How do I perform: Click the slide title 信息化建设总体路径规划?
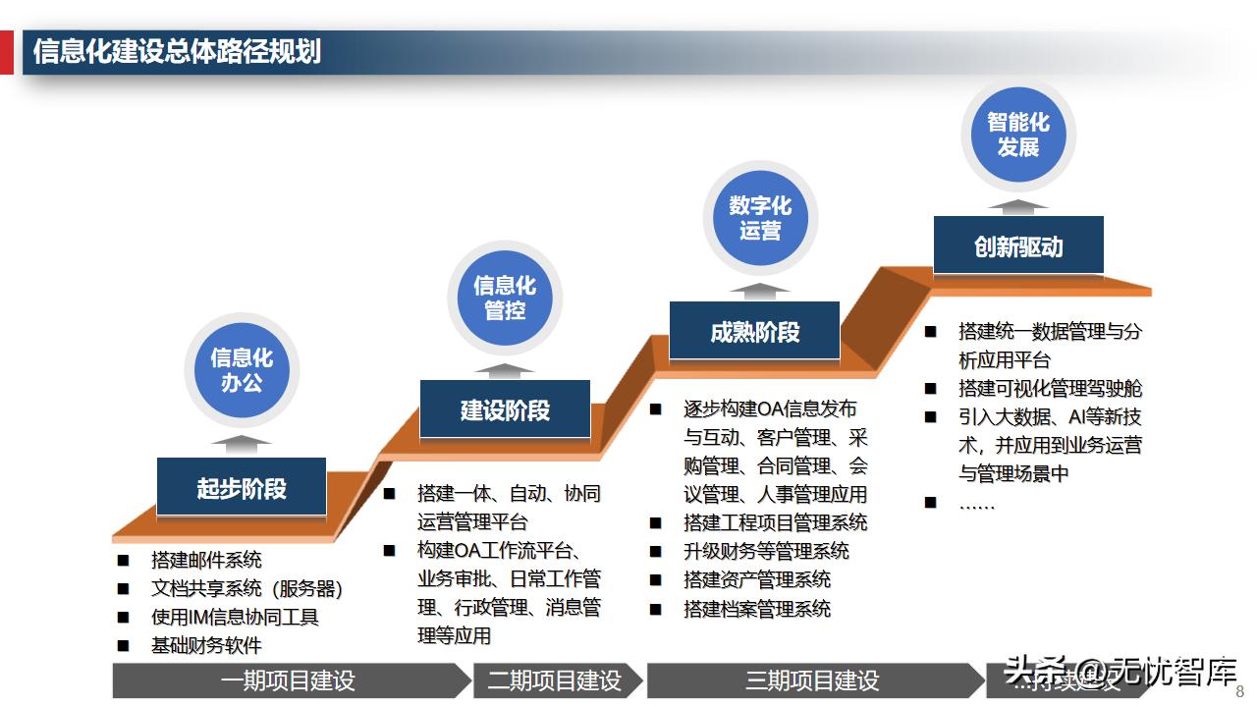tap(178, 51)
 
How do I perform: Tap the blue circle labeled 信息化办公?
tap(241, 370)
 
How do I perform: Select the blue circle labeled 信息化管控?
tap(505, 298)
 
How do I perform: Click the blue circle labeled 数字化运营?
tap(760, 218)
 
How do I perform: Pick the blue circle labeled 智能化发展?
tap(1018, 135)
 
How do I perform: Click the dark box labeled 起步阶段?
tap(241, 488)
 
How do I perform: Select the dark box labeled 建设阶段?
tap(505, 409)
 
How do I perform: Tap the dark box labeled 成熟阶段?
tap(754, 332)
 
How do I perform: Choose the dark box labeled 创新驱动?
tap(1018, 245)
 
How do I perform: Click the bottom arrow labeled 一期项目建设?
tap(289, 680)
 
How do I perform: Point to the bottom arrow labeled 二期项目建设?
tap(555, 680)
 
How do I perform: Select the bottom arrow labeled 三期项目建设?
tap(812, 680)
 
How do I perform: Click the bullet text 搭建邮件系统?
tap(206, 560)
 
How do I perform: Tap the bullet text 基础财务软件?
tap(206, 645)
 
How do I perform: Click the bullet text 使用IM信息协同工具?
tap(235, 617)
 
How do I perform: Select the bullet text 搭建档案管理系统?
tap(757, 609)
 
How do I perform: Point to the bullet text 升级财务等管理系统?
tap(766, 552)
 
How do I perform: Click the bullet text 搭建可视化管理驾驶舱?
tap(1050, 388)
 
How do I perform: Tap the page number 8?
tap(1239, 690)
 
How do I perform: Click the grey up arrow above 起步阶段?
tap(241, 444)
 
